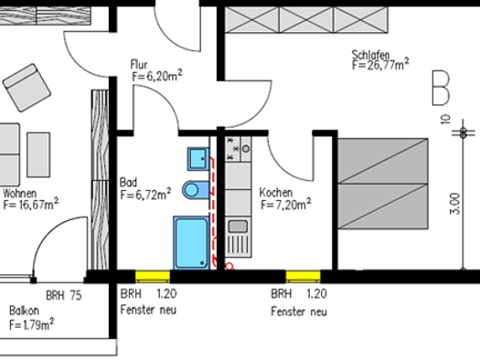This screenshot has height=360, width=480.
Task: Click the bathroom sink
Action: coord(198,159)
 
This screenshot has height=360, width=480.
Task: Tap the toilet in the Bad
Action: coord(196,190)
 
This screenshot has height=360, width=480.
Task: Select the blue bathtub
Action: coord(192,243)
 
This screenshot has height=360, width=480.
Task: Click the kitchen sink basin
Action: coord(238,227)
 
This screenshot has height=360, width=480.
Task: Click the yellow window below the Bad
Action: coord(153,276)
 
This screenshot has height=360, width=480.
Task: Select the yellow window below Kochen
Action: coord(303,276)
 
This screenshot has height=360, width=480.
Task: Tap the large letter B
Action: coord(441,88)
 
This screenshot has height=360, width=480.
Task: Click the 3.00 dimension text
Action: coord(455,204)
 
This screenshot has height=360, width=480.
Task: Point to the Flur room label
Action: coord(139,65)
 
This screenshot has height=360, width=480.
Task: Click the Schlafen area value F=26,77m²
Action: coord(380,65)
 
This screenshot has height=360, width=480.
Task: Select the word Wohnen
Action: coord(20,194)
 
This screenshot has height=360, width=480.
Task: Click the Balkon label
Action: coord(24,311)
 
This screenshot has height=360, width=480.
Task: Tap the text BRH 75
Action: coord(64,295)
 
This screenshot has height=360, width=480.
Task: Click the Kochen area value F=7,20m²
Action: coord(286,204)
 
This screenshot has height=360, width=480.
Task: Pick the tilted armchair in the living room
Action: coord(27,88)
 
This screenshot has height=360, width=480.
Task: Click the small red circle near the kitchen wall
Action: coord(229,266)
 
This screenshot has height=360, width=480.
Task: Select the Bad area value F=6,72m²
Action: coord(145,194)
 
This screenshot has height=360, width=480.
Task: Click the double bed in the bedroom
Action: coord(383,184)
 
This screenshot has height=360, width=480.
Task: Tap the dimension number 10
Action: coord(446,119)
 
